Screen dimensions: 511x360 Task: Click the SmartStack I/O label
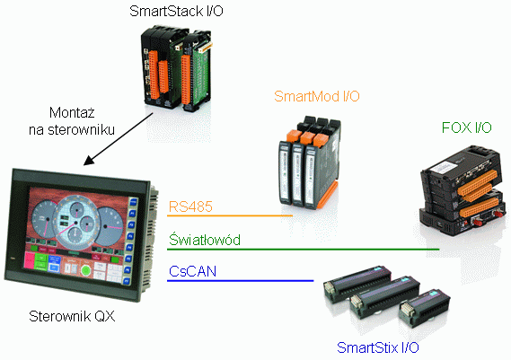176,11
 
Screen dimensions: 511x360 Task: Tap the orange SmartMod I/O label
317,96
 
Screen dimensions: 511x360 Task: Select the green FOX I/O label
466,127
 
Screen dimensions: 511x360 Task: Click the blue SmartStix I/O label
378,347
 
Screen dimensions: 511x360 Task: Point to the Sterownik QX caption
72,316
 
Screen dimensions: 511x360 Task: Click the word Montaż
72,113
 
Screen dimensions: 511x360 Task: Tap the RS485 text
190,206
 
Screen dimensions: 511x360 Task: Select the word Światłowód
205,240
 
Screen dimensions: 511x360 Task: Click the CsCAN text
192,271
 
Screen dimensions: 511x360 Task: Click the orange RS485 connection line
230,215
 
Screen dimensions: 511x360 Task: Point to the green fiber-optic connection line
303,250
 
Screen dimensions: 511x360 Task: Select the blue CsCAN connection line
240,280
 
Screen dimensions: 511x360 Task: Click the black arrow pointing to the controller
119,139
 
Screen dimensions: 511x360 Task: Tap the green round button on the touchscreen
85,270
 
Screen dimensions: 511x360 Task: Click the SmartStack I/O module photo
177,69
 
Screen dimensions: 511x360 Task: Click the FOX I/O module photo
463,189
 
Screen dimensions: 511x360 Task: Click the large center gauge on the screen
77,223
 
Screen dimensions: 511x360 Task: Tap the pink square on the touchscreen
29,261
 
